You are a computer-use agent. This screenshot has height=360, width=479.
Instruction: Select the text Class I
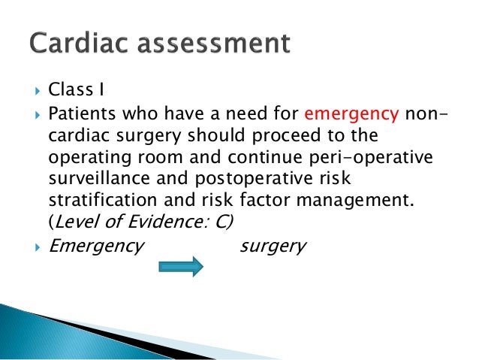[76, 91]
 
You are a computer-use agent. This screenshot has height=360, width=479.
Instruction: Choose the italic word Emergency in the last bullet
[96, 246]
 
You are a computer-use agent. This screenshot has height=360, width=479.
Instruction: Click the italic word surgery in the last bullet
[273, 246]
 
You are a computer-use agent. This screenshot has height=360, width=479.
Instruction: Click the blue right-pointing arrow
[180, 267]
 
